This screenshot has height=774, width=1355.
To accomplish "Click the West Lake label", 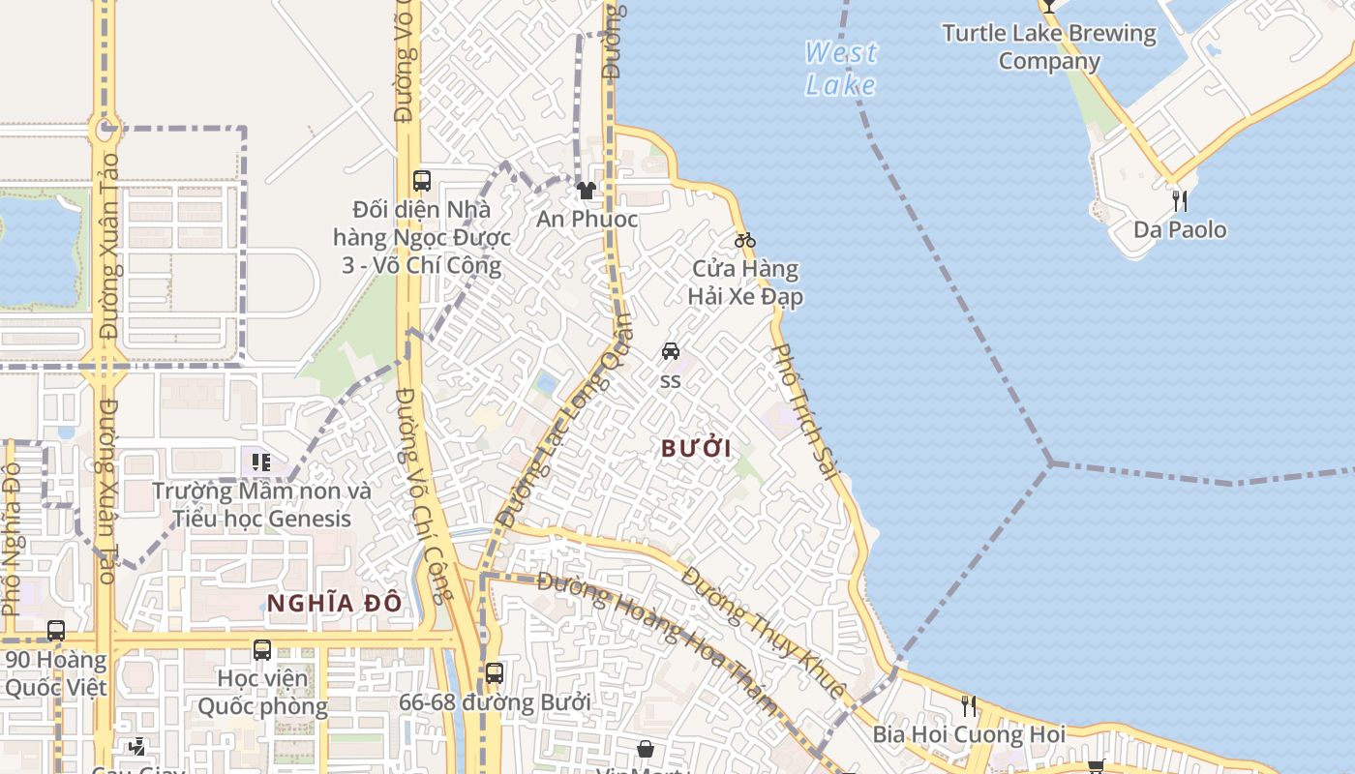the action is point(841,69).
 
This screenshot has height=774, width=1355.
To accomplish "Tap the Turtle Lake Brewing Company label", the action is point(1049,47).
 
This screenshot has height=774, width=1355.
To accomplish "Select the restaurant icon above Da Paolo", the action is point(1179,201).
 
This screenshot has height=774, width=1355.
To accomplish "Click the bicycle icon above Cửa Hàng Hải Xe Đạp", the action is point(744,240).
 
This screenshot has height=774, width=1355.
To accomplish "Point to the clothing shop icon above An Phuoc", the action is point(586,191).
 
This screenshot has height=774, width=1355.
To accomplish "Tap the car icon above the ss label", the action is point(670,351).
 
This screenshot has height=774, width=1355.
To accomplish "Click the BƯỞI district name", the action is point(696,448).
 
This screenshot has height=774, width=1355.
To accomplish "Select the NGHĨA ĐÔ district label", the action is point(334,603).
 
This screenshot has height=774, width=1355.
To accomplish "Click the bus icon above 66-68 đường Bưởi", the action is point(494,672).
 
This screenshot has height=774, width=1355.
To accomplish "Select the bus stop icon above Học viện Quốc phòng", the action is point(261,649).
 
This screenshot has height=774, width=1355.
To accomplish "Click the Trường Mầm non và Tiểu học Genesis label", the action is point(261,505).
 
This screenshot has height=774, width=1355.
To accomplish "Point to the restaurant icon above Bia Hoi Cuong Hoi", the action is point(968,706).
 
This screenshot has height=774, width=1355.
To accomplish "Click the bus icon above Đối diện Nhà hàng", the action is point(421,180).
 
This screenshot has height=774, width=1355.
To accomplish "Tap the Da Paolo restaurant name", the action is point(1180,230).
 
